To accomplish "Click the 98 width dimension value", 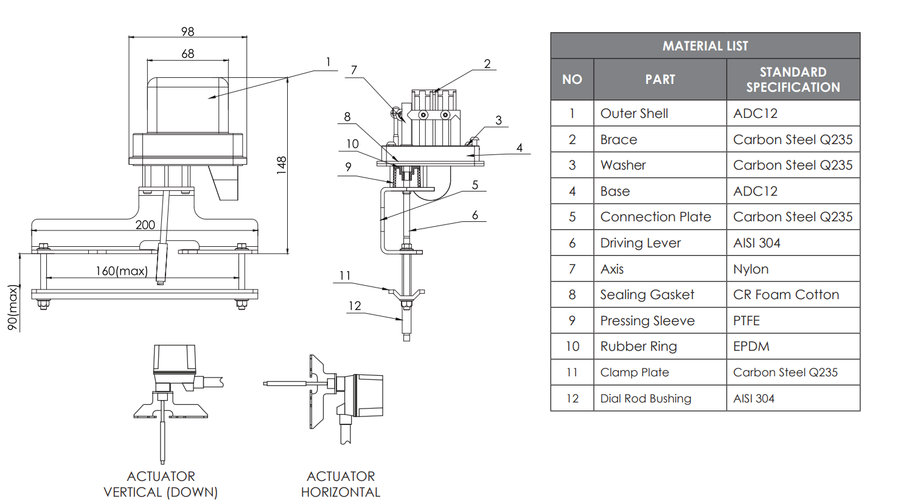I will (x=187, y=32).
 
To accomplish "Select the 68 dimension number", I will (x=187, y=54).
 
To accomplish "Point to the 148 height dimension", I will (x=281, y=165).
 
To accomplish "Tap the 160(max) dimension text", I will (x=122, y=271).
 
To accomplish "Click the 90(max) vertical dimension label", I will (x=13, y=308).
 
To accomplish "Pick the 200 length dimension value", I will (x=145, y=224).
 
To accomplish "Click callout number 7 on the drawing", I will (x=354, y=70).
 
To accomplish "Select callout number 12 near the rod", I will (x=355, y=305).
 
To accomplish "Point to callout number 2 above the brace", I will (x=487, y=63).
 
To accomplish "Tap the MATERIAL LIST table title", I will (x=705, y=46).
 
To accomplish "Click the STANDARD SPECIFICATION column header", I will (x=793, y=79).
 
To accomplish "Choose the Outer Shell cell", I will (x=634, y=113).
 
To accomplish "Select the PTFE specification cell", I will (x=747, y=320).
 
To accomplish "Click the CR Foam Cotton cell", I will (x=786, y=294).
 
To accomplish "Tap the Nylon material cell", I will (x=751, y=269).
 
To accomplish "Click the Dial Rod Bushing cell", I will (x=646, y=398).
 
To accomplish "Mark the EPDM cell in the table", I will (x=751, y=346).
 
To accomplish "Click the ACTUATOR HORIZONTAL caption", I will (x=341, y=484).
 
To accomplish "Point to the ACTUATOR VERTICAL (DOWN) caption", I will (x=161, y=484).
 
